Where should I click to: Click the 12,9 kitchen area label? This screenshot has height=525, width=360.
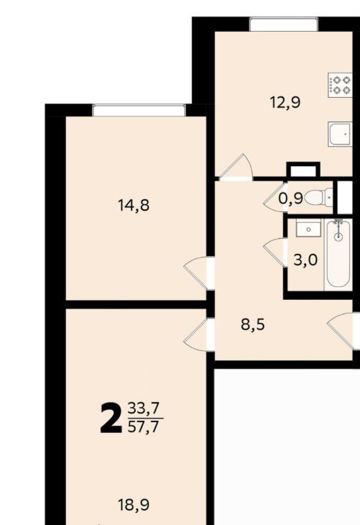pos(285,102)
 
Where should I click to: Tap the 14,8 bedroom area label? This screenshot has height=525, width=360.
pos(134,205)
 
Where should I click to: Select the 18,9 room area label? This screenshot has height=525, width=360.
pos(134,505)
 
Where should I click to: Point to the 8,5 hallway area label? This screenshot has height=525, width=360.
pos(253,324)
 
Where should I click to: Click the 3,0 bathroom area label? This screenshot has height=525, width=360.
pos(305,260)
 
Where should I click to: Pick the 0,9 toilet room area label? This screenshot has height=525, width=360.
pos(291,198)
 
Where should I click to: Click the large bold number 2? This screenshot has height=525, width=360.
pos(111,418)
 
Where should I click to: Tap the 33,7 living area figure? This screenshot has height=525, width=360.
pos(144,408)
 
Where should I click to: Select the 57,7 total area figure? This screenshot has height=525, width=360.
pos(144,427)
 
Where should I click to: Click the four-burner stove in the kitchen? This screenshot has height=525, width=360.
pos(340,85)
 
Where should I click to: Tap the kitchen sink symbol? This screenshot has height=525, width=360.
pos(340,134)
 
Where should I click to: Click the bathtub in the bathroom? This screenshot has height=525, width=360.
pos(338,255)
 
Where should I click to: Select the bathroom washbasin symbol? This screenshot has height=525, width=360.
pos(308,229)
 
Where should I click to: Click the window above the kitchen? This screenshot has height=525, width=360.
pos(283,24)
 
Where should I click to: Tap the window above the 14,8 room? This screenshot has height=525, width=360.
pos(139,110)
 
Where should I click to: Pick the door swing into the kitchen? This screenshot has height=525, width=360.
pos(236,165)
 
